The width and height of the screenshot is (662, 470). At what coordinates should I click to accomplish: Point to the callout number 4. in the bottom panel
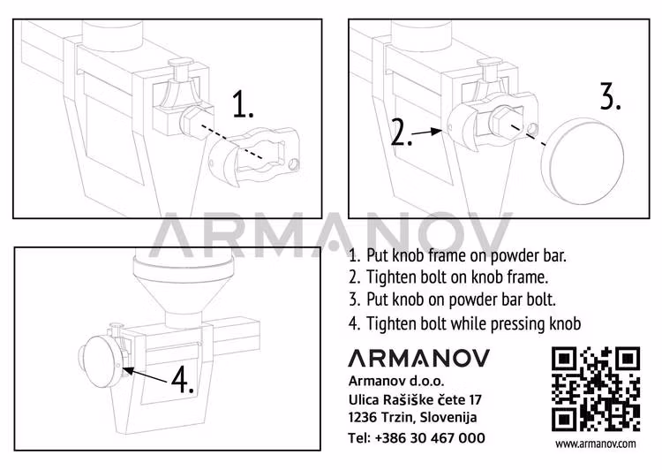182,381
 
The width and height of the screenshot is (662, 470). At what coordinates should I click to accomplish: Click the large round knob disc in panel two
586,151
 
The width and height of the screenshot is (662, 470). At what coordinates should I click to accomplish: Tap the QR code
595,389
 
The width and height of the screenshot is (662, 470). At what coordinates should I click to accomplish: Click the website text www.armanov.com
596,443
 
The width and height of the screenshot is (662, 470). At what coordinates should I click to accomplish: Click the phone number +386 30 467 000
417,437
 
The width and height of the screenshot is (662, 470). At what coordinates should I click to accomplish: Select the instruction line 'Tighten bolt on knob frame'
448,277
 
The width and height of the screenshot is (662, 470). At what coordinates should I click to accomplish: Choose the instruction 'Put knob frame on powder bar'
457,254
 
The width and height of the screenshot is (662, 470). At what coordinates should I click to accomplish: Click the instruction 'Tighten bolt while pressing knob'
464,323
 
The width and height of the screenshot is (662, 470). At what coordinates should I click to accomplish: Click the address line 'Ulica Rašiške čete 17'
415,399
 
